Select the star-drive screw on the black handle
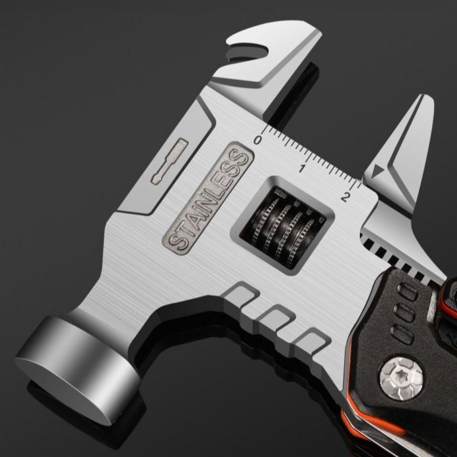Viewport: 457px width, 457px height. pyautogui.click(x=401, y=377)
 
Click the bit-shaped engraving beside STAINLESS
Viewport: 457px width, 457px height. pyautogui.click(x=170, y=161)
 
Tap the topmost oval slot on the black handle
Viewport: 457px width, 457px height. pyautogui.click(x=408, y=291)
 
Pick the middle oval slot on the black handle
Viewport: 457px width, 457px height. pyautogui.click(x=404, y=312)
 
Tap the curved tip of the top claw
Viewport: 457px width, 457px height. pyautogui.click(x=315, y=39)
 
